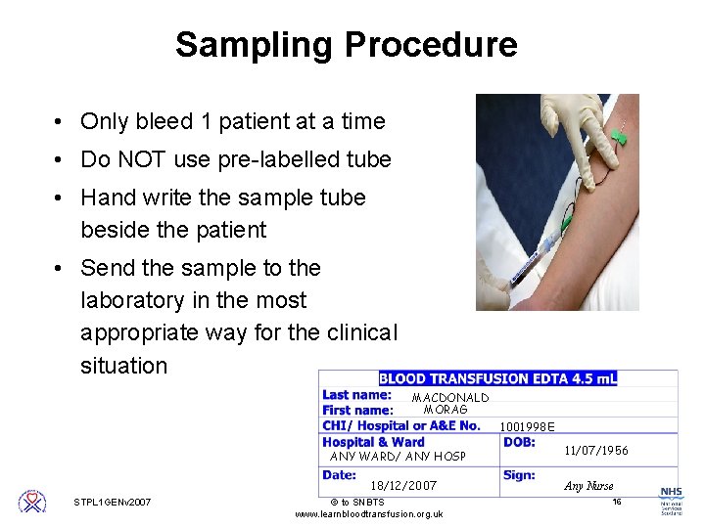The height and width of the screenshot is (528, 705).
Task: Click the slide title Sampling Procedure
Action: [x=346, y=45]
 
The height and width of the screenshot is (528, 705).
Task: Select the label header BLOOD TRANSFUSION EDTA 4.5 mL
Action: [x=497, y=378]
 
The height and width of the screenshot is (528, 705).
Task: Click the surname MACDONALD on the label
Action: [x=449, y=398]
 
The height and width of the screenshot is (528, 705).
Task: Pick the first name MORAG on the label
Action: [x=446, y=410]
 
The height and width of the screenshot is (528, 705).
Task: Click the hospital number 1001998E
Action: [x=527, y=426]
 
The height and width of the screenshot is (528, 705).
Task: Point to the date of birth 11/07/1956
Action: [x=596, y=451]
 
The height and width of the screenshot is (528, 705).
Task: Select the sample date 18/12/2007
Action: [x=403, y=485]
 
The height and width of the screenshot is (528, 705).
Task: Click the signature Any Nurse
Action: [x=588, y=485]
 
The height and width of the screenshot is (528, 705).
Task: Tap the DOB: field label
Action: [x=519, y=442]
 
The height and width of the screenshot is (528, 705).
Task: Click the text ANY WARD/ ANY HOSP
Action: [x=398, y=457]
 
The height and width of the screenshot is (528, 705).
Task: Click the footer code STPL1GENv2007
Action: [x=113, y=503]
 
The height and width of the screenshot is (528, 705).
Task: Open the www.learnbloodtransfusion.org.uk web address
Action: [x=368, y=514]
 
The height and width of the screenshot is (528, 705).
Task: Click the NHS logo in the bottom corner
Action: [x=671, y=497]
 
